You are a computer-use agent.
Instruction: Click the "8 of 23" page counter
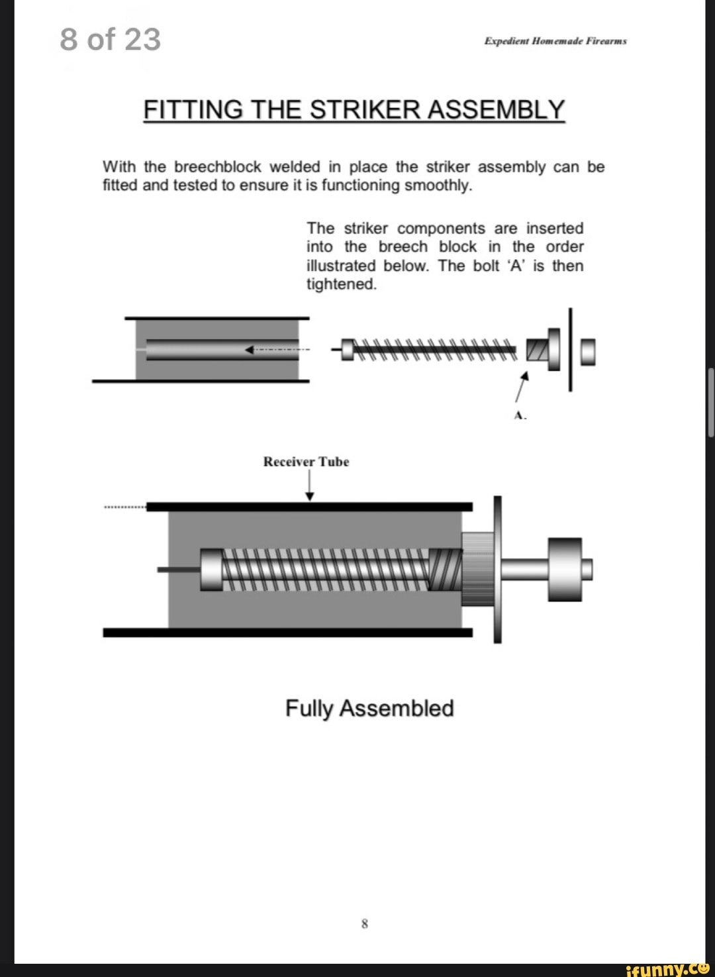[x=110, y=40]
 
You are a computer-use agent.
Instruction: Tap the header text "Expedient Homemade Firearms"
[x=555, y=41]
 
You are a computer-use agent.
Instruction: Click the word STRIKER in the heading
[x=365, y=110]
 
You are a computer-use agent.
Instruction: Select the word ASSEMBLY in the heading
[x=496, y=110]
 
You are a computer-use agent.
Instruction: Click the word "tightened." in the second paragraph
[x=341, y=284]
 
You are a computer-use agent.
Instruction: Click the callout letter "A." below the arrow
[x=520, y=415]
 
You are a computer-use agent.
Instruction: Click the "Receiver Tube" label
[x=306, y=462]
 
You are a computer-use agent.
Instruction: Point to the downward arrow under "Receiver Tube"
[x=309, y=487]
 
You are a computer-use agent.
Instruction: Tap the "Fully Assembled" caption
[x=369, y=708]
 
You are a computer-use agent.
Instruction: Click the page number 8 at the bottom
[x=364, y=923]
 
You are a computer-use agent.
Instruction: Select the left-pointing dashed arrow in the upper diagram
[x=275, y=349]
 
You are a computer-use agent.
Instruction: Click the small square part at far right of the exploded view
[x=587, y=351]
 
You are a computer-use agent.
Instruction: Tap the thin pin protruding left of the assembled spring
[x=178, y=569]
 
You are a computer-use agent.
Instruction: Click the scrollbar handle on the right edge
[x=711, y=402]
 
